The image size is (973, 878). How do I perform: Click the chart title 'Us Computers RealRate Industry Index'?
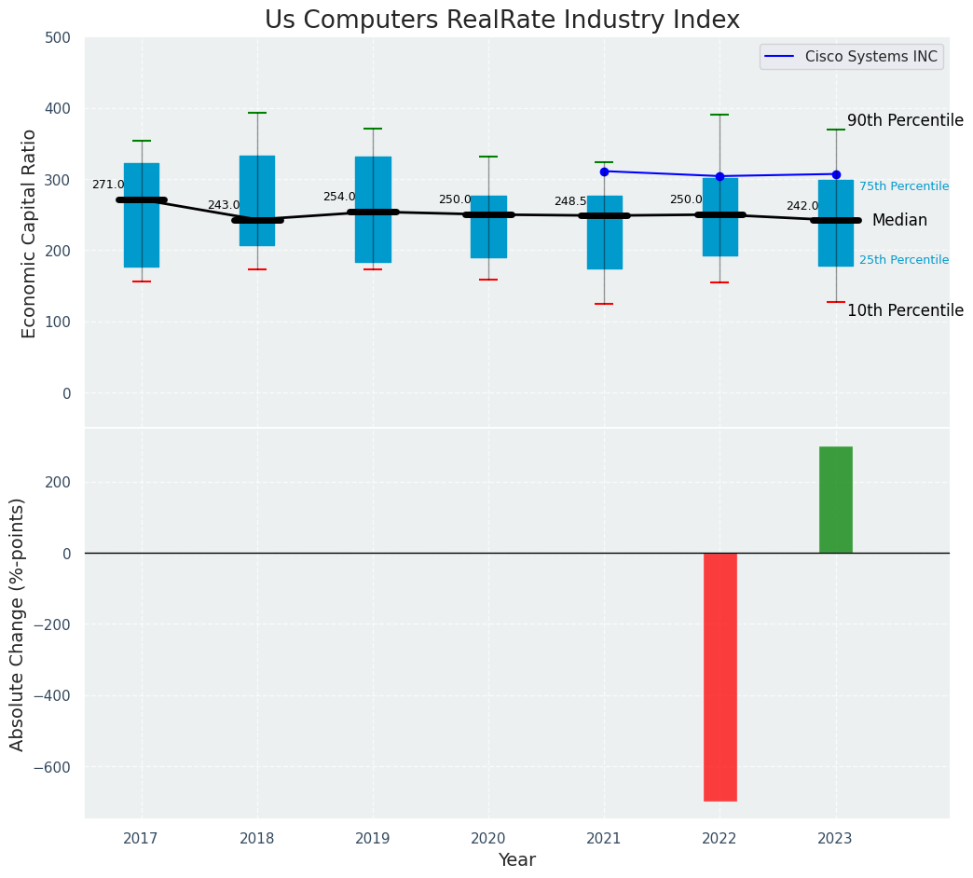(501, 21)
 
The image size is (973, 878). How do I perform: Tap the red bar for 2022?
(719, 677)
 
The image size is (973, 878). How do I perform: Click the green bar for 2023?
(835, 500)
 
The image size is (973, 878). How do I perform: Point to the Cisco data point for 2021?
(604, 171)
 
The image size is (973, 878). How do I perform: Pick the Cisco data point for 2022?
(719, 176)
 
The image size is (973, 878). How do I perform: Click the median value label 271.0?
(108, 185)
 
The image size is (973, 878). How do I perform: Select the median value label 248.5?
(570, 201)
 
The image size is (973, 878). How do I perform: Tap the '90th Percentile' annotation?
(904, 120)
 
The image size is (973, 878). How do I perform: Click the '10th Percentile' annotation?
(904, 310)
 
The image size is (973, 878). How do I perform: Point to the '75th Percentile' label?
(903, 186)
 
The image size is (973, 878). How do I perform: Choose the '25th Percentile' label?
(903, 260)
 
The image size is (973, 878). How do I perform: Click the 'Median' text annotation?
(899, 221)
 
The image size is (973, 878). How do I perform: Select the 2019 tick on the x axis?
(373, 839)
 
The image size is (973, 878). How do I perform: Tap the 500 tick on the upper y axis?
(57, 38)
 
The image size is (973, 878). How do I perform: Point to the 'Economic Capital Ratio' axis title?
(29, 233)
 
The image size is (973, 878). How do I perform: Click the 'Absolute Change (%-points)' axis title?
(18, 624)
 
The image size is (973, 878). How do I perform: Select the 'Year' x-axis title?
(516, 860)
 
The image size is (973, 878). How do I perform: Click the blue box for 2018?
(257, 200)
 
